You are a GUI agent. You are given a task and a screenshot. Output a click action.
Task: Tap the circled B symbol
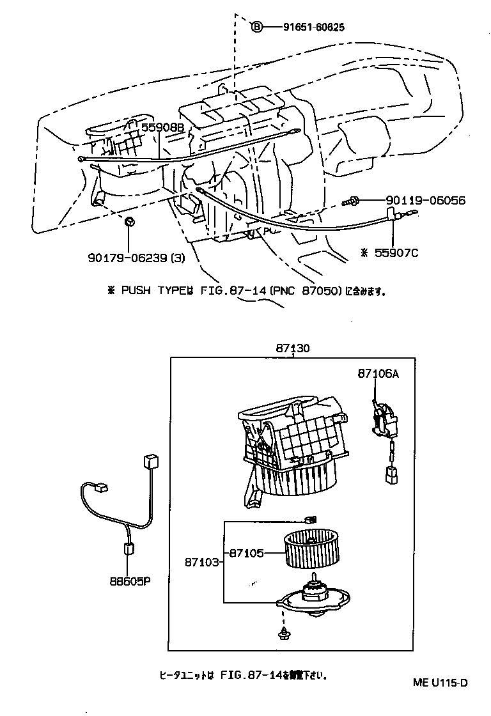click(x=256, y=27)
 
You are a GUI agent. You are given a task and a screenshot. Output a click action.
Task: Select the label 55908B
click(x=162, y=128)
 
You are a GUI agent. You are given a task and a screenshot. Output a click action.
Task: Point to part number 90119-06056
click(x=425, y=201)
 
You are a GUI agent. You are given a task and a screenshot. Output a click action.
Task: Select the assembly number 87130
click(x=293, y=349)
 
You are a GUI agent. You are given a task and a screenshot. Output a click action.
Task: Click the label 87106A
click(x=378, y=375)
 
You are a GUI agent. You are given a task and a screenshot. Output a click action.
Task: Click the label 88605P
click(x=129, y=582)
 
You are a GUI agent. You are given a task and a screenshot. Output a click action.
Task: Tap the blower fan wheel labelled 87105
click(x=313, y=549)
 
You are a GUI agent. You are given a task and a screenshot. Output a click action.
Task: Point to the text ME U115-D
click(x=440, y=682)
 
